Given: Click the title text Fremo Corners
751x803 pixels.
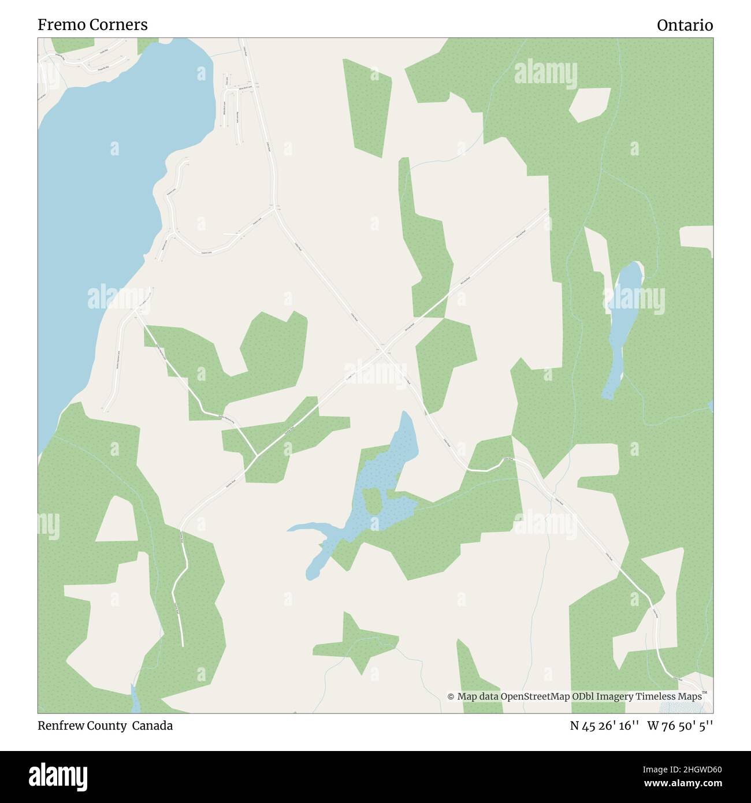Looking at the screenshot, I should pos(92,25).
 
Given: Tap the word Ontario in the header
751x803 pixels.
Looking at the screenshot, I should pos(685,25).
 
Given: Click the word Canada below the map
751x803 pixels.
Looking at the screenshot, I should pos(153,726).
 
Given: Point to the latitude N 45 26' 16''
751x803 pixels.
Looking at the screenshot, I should pos(604,726).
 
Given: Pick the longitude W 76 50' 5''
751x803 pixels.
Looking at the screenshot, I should pos(680,726).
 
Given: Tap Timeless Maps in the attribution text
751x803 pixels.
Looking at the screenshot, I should pos(670,696).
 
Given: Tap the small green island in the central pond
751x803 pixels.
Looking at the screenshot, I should pos(371,500).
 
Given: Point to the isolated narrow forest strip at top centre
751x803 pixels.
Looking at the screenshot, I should pos(367,107).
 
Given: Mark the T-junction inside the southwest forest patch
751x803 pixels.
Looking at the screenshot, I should pos(256,456).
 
